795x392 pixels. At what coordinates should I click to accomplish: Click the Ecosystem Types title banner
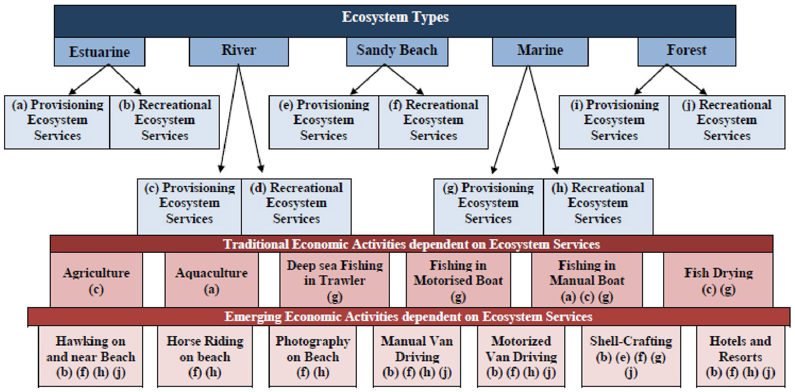(x=395, y=18)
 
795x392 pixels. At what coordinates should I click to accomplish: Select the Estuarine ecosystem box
(x=99, y=52)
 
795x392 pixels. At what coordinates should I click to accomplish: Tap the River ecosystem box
(x=239, y=51)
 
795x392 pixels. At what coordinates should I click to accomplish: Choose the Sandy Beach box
(x=397, y=51)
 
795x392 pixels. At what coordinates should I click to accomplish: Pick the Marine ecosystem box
(x=540, y=51)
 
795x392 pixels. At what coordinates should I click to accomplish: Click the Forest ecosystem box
(x=686, y=51)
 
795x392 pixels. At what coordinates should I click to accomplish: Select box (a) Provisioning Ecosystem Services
(x=57, y=120)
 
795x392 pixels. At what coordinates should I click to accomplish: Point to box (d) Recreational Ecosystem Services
(x=296, y=204)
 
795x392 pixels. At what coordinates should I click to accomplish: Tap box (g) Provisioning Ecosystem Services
(x=488, y=204)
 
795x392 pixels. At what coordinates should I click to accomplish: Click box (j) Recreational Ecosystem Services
(x=727, y=120)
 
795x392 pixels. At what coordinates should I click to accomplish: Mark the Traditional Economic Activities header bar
(x=411, y=244)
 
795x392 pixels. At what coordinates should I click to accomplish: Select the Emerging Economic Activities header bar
(x=408, y=317)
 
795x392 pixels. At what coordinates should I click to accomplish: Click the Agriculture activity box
(x=96, y=280)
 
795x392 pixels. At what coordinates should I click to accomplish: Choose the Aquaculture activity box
(x=211, y=280)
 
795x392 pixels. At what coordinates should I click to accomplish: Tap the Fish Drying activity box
(x=718, y=280)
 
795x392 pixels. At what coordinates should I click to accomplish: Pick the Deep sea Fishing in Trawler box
(x=335, y=280)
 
